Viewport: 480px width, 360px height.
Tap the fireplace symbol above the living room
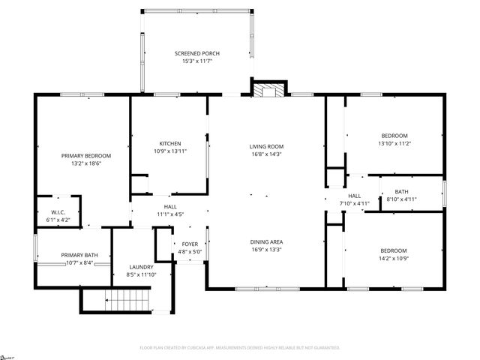tap(267, 90)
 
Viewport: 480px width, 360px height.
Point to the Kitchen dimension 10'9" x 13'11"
tap(169, 151)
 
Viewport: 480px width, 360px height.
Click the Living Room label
tap(266, 146)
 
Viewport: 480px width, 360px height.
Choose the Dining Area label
tap(266, 241)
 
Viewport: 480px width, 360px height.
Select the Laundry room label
tap(141, 267)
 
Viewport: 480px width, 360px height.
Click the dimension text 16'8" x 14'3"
tap(266, 154)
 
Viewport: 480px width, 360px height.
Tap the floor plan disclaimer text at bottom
tap(240, 348)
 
